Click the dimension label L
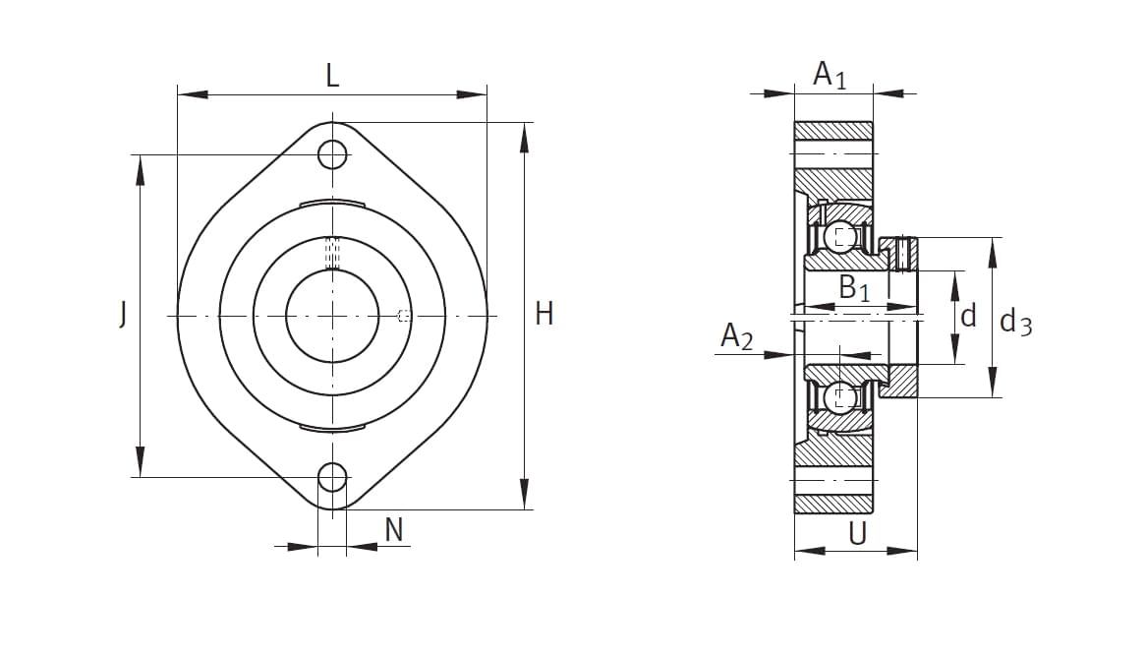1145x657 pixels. [332, 76]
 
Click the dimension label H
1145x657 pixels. [544, 315]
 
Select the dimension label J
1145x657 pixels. [123, 315]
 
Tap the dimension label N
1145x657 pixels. [394, 530]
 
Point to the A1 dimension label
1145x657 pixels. [830, 75]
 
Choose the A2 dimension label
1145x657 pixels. [736, 336]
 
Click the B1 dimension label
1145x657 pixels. [854, 288]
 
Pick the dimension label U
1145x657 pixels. [858, 534]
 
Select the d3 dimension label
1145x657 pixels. [1015, 321]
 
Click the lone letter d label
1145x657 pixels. [968, 317]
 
